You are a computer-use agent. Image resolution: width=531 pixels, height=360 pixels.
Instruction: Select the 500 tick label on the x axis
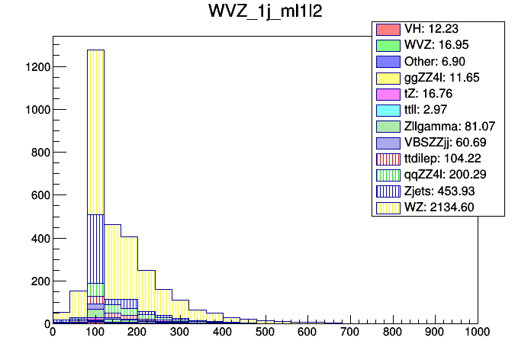[x=265, y=333]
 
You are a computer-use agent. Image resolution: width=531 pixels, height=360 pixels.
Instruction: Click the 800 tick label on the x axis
[x=393, y=333]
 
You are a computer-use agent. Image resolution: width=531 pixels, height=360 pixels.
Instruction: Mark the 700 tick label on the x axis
[x=350, y=333]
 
